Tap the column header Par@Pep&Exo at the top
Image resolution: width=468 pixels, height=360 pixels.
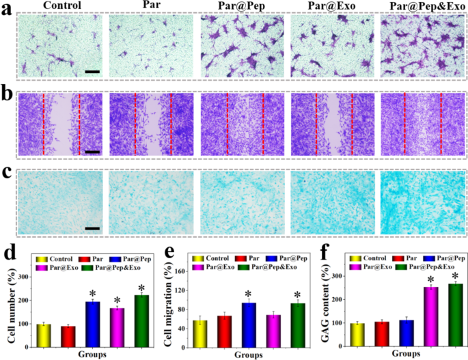tap(422, 6)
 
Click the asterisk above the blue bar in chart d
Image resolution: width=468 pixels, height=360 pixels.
tap(105, 294)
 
